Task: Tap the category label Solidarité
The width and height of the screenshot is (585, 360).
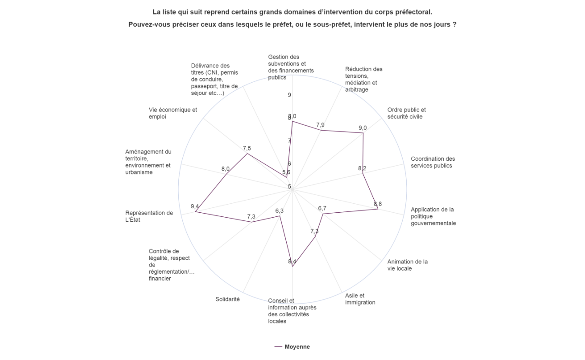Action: (227, 299)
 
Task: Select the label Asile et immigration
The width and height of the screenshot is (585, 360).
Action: (360, 299)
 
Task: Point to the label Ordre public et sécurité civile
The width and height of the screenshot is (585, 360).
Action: (407, 113)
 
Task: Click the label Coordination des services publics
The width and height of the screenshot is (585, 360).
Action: (433, 162)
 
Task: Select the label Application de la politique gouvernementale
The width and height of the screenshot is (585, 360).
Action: (433, 216)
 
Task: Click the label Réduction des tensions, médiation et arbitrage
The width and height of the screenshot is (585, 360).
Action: (363, 79)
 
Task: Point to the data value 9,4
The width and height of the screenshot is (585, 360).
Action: (195, 206)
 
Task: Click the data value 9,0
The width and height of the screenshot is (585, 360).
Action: (362, 128)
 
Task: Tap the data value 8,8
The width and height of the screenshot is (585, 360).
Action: (378, 204)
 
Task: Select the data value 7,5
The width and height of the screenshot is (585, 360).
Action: (247, 149)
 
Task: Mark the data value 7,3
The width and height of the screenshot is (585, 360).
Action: (251, 217)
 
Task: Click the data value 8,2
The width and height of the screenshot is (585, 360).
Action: (362, 168)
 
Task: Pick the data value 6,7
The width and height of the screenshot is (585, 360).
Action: (322, 208)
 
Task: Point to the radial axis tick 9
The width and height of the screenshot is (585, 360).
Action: (289, 95)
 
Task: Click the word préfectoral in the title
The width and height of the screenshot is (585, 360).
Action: (411, 11)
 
